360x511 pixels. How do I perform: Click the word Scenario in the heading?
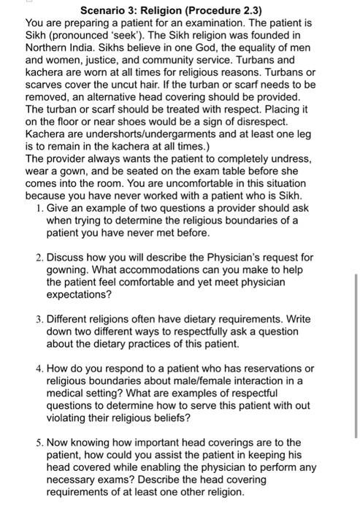102,10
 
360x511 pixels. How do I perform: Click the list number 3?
37,319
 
